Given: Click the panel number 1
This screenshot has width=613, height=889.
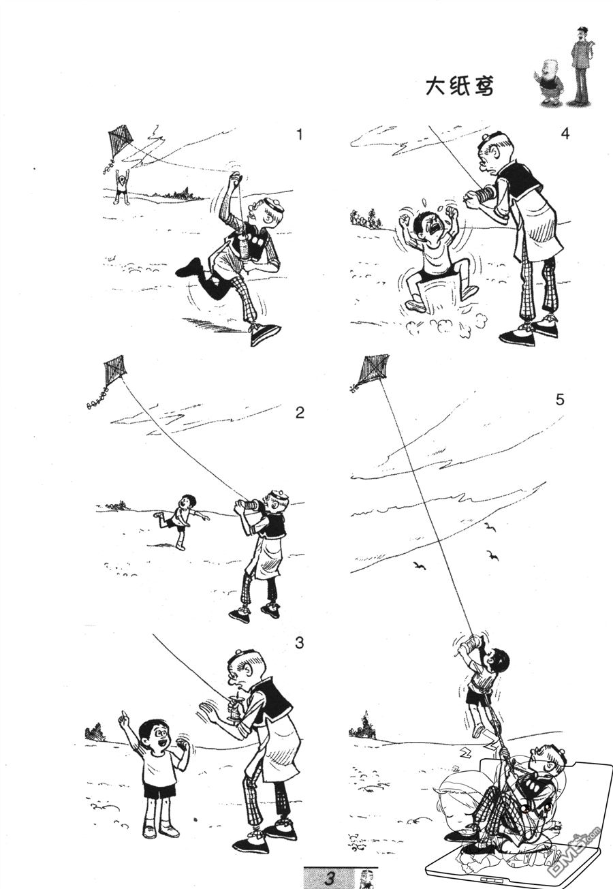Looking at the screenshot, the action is point(300,134).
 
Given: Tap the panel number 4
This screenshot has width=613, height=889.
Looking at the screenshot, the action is point(565,134).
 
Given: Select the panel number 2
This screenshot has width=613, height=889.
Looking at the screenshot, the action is point(300,413).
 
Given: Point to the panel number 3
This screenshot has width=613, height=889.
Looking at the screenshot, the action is point(300,642).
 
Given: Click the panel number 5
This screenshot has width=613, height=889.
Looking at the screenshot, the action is point(560,400).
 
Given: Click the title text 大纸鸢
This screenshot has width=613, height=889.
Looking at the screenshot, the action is point(460,87).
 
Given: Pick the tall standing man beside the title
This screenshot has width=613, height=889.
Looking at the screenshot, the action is point(582,65).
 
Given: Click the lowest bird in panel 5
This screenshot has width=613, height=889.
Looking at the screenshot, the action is point(420,566).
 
